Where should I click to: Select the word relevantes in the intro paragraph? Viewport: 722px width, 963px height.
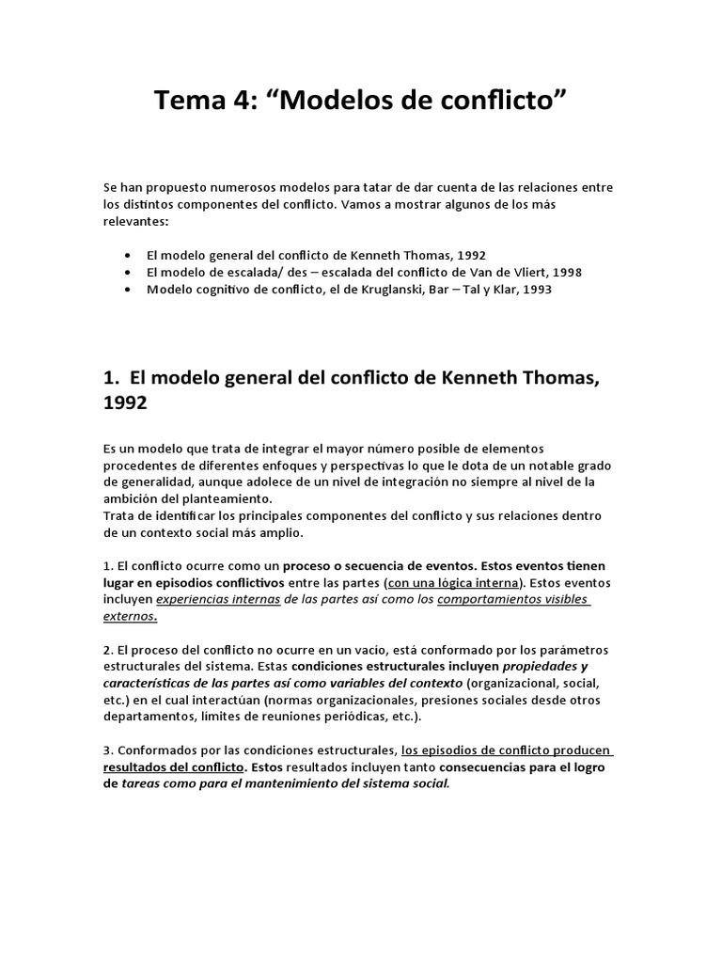[136, 220]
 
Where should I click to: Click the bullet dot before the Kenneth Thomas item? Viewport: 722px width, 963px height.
[128, 255]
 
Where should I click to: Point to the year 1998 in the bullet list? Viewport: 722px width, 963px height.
[563, 273]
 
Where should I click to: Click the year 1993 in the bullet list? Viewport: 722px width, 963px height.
[532, 290]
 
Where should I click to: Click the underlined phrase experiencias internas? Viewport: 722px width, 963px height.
[218, 600]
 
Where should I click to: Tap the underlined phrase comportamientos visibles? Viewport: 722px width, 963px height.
[512, 600]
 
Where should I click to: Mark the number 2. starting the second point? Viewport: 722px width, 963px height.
[108, 651]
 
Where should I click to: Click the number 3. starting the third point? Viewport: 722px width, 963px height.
[108, 751]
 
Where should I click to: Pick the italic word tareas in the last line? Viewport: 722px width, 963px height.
[143, 785]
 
